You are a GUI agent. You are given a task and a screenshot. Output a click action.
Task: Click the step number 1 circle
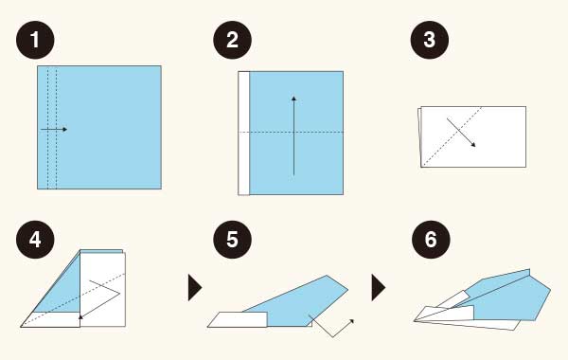35,40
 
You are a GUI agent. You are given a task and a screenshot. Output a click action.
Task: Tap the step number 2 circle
232,40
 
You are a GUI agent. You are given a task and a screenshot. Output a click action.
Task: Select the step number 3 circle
430,40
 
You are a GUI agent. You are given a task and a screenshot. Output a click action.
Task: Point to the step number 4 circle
35,240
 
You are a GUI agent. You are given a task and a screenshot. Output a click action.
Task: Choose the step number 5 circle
232,240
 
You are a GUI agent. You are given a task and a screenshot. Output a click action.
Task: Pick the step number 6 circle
431,240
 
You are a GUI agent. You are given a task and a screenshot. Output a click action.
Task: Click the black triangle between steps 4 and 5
195,287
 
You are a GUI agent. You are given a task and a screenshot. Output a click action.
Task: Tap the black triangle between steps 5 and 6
379,287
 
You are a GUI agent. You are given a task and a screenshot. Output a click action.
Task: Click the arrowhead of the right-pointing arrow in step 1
64,129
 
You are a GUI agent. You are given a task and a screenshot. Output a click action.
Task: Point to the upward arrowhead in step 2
293,98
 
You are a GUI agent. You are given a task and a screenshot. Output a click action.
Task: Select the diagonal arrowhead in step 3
473,145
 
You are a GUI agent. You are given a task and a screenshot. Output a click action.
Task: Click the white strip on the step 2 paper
244,133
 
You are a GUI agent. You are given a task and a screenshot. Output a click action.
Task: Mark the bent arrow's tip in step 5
352,320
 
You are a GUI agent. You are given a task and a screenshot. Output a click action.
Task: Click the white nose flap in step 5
238,319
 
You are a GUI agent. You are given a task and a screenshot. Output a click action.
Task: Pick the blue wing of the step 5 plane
301,303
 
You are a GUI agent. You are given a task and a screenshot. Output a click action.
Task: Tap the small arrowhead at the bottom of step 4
80,316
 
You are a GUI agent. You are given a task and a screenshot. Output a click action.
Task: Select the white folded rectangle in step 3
472,137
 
